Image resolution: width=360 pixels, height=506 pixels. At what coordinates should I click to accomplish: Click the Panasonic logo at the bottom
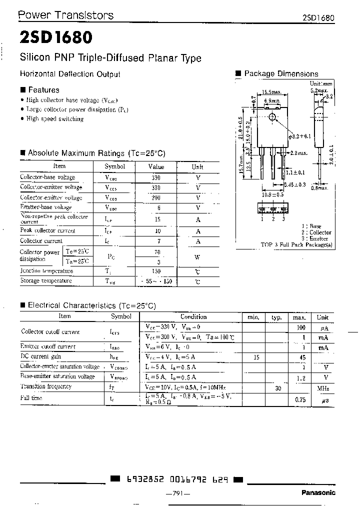point(318,493)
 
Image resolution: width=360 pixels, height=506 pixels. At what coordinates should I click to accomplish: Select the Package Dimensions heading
point(281,73)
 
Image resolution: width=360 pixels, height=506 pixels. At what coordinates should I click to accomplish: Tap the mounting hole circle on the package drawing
point(272,117)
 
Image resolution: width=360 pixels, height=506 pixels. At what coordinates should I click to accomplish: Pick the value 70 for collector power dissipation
point(156,252)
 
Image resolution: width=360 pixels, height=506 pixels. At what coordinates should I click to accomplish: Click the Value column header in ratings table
point(156,166)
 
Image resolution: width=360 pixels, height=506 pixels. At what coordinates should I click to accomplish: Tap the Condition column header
point(193,317)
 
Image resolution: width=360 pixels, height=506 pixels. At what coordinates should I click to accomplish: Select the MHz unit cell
point(322,388)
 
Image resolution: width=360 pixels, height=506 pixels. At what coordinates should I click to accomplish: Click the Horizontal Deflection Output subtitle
point(70,74)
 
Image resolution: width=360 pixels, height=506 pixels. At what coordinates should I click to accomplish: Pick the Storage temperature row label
point(45,281)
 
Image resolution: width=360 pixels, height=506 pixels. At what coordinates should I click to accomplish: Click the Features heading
point(43,90)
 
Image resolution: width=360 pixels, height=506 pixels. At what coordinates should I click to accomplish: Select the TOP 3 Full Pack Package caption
point(296,245)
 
